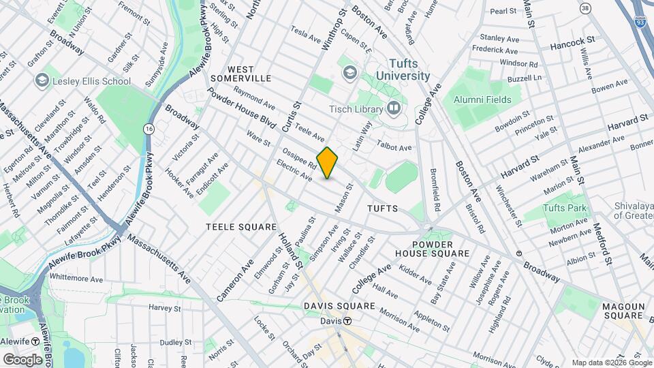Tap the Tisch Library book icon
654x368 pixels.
[x=394, y=108]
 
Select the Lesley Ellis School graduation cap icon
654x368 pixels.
[x=42, y=81]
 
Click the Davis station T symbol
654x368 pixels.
[x=347, y=321]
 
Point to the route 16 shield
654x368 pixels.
[x=148, y=128]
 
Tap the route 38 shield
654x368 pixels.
[x=585, y=8]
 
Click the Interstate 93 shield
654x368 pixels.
[x=640, y=21]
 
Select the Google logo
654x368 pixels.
[x=22, y=359]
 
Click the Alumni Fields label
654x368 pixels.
[x=487, y=98]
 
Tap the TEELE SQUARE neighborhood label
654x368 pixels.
[x=242, y=226]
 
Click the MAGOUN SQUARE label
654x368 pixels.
[x=623, y=311]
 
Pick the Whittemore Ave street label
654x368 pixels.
[x=76, y=278]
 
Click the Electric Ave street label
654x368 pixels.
[x=294, y=170]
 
